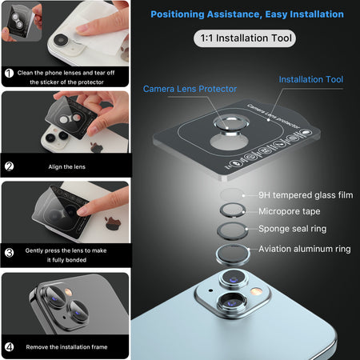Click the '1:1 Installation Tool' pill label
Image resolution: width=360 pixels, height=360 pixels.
(x=245, y=38)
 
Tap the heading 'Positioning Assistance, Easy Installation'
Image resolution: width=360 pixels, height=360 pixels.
(x=247, y=14)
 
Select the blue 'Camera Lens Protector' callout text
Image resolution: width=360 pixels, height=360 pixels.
(x=190, y=89)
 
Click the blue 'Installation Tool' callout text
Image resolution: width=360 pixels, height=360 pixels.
(x=311, y=79)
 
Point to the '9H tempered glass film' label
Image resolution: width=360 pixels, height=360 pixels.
(x=306, y=195)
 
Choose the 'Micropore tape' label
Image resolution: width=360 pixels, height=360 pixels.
(x=290, y=211)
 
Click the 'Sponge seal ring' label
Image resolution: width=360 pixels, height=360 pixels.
(x=293, y=229)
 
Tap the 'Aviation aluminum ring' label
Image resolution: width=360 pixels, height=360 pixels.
(x=305, y=249)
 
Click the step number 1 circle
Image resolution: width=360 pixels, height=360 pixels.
(x=10, y=73)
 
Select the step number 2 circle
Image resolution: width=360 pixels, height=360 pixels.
(x=10, y=166)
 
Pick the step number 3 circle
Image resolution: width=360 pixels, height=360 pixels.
(x=10, y=253)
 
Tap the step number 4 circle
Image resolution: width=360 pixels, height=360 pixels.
(x=10, y=347)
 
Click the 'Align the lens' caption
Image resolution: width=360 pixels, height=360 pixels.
(x=67, y=167)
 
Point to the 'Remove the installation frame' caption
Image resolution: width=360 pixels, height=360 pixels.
(x=66, y=347)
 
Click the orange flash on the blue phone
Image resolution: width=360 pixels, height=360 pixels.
(x=256, y=291)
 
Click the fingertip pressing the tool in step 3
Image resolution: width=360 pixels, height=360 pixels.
(x=82, y=211)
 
